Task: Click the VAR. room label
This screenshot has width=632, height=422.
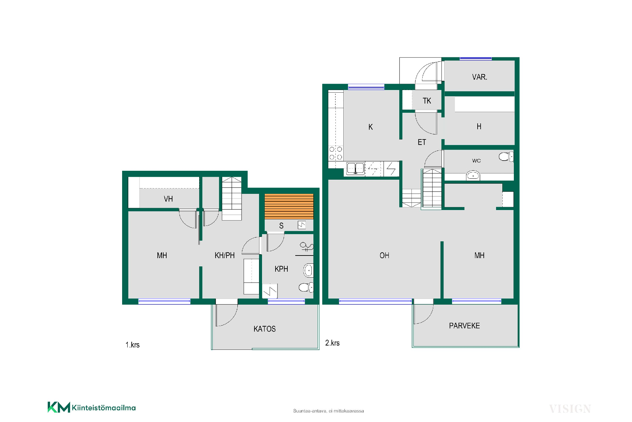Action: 479,77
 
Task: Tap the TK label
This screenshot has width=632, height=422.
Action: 427,101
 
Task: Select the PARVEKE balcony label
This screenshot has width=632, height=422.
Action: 464,326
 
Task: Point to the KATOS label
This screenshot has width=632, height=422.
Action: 265,329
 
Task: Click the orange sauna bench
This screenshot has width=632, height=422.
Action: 289,206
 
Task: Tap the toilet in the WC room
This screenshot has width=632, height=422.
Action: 506,156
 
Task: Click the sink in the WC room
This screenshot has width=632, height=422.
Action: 473,176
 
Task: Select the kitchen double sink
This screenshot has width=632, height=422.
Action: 355,168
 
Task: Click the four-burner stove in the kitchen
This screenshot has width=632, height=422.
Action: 336,153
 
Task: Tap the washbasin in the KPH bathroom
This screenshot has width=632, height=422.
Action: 308,270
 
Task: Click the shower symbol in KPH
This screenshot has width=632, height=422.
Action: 306,247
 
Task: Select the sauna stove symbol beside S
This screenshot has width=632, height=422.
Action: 302,225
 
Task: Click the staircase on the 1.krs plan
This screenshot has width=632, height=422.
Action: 232,198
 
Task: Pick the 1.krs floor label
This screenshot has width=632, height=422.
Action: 132,345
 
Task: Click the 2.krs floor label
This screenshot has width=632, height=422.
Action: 332,343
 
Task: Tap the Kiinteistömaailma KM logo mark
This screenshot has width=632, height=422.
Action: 59,407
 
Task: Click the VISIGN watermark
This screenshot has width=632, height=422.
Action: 570,409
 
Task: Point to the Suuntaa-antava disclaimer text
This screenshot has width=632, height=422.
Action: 329,411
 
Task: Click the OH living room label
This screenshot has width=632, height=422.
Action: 384,256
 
